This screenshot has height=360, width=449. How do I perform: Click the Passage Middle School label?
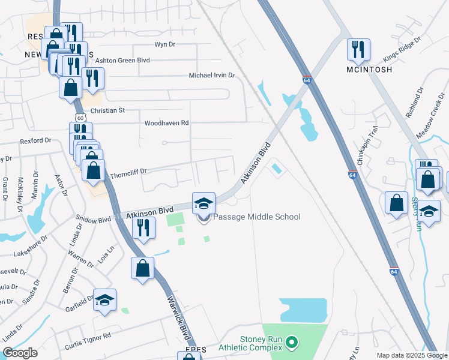click(x=256, y=217)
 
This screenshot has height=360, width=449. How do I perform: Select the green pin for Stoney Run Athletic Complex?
click(x=292, y=343)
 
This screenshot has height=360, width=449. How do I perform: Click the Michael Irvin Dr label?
click(x=211, y=76)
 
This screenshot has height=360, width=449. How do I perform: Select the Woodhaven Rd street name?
click(x=166, y=123)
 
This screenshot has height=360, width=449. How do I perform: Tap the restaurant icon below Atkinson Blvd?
click(x=143, y=228)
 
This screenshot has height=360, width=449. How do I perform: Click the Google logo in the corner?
click(x=20, y=353)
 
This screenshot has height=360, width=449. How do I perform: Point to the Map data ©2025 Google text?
click(x=411, y=355)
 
